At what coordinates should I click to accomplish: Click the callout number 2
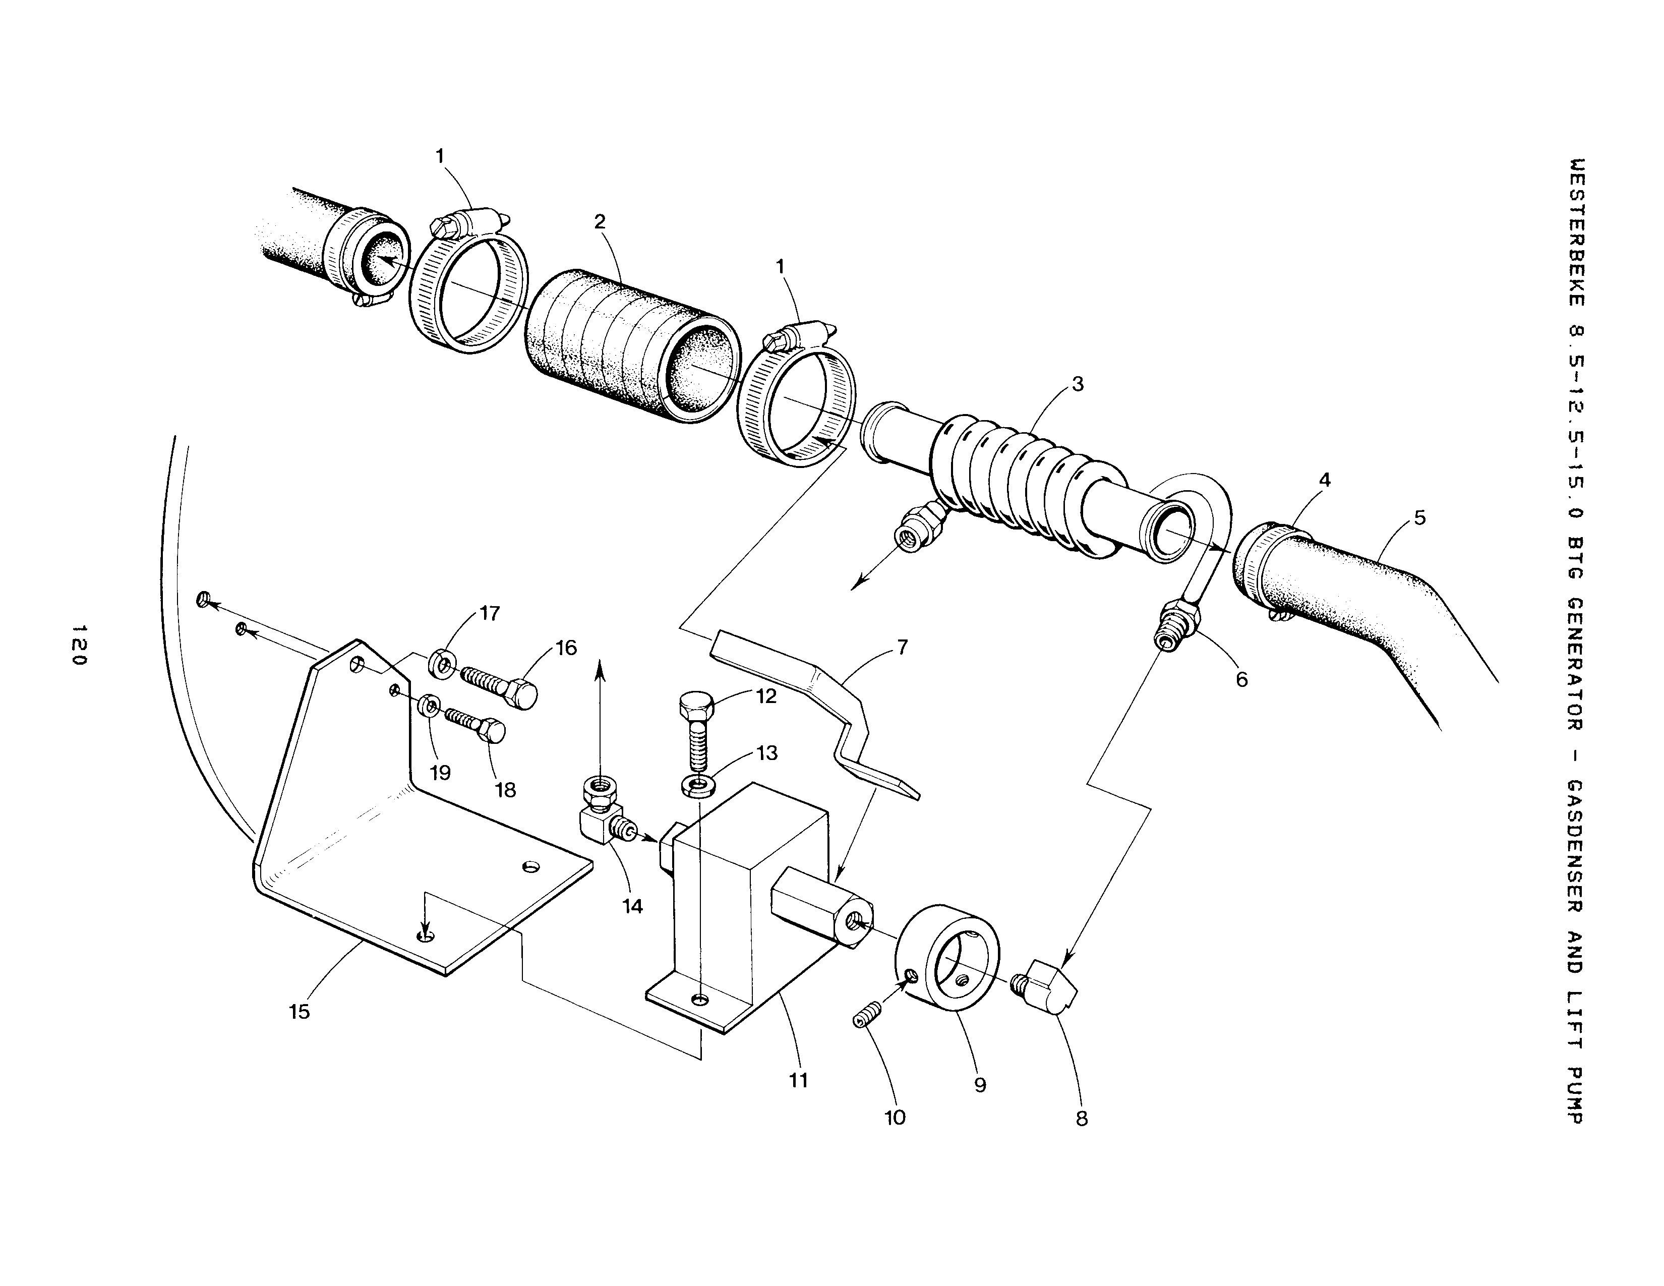(x=600, y=222)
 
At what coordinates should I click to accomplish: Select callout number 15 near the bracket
(x=300, y=1011)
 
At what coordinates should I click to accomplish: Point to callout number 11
(x=798, y=1080)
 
